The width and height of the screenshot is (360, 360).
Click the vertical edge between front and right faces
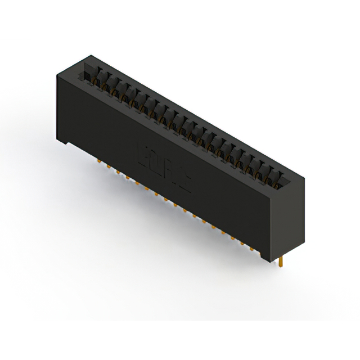click(272, 222)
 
